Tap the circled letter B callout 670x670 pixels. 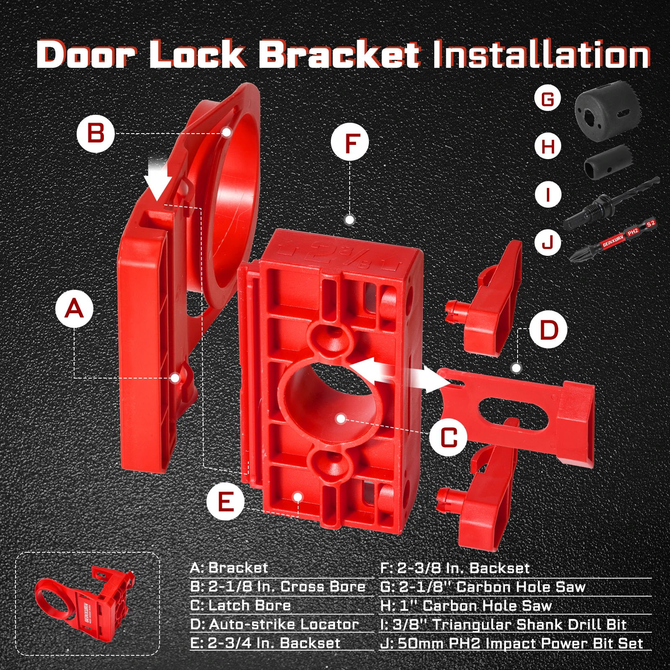(95, 134)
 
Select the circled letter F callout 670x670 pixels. (350, 142)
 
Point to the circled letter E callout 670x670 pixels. (225, 501)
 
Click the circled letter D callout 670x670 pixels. (548, 330)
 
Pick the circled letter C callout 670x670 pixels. (448, 438)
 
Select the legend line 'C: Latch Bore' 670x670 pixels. (240, 605)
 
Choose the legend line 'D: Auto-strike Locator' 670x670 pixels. (274, 624)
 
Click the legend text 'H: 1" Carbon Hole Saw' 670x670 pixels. (466, 606)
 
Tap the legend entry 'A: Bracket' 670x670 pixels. (229, 568)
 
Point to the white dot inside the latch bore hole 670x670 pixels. (341, 418)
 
